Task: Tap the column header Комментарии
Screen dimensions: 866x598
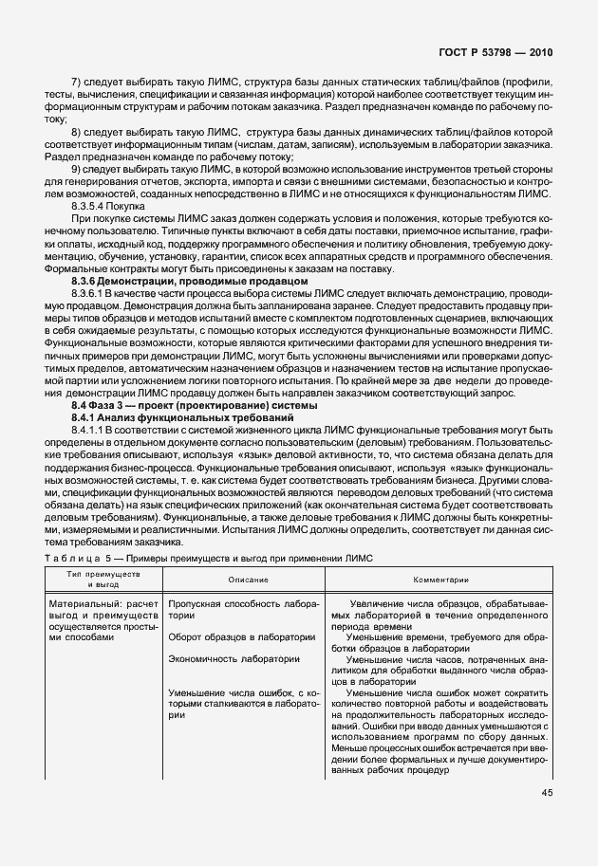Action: (438, 579)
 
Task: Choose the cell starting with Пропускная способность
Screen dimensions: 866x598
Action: (243, 608)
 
